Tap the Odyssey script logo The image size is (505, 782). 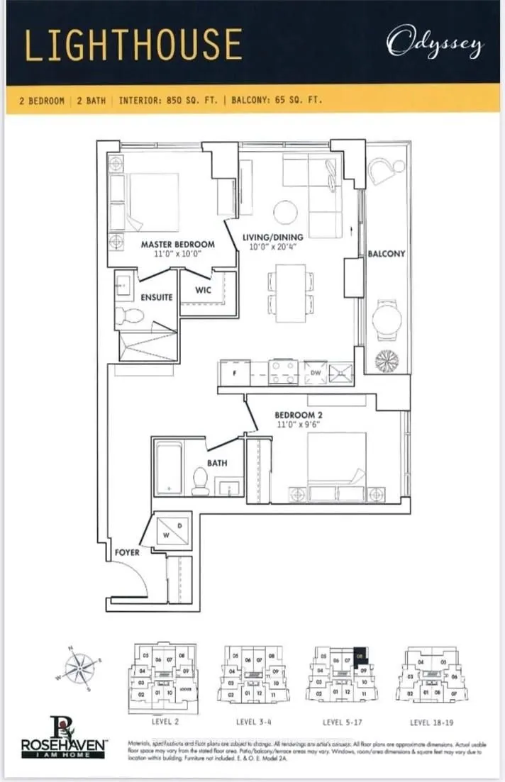click(x=435, y=45)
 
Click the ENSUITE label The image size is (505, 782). click(x=156, y=298)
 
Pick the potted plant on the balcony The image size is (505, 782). click(x=387, y=359)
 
